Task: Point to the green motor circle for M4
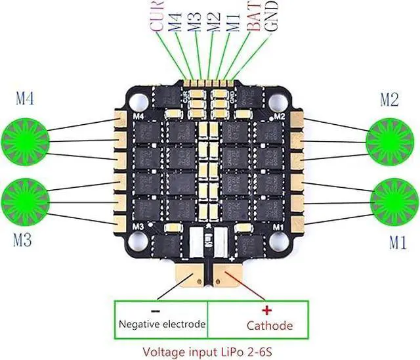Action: [x=27, y=137]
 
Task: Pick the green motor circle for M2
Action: [x=391, y=137]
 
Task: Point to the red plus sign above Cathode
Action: [x=266, y=309]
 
